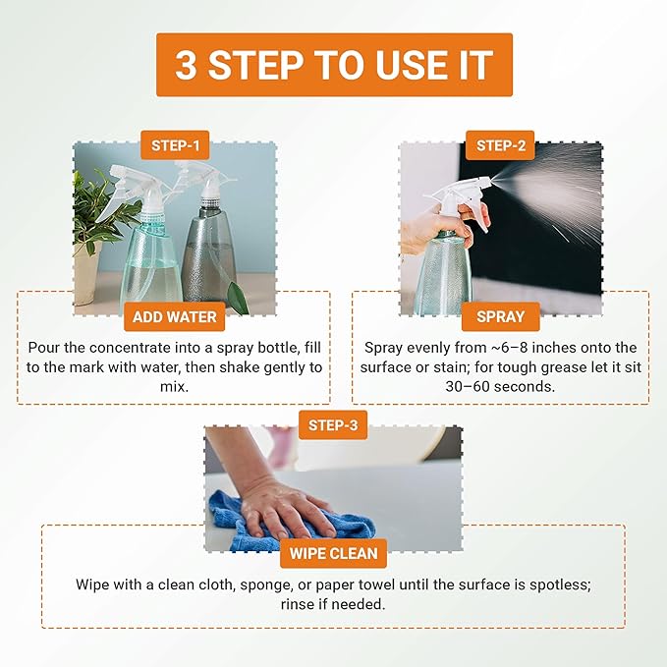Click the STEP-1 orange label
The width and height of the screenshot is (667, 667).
(x=175, y=146)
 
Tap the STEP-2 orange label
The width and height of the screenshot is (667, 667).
(x=500, y=146)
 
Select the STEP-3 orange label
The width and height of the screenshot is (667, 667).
(x=333, y=426)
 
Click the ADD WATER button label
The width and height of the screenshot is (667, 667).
(x=175, y=317)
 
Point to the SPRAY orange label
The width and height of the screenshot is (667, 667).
(x=500, y=317)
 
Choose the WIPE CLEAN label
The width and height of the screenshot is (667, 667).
(x=333, y=553)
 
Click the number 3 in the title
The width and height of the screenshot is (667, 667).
(x=186, y=65)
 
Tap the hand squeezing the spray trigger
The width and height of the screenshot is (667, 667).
(x=447, y=226)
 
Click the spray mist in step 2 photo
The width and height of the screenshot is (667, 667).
(x=560, y=187)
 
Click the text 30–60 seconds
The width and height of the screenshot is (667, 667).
(x=500, y=387)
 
